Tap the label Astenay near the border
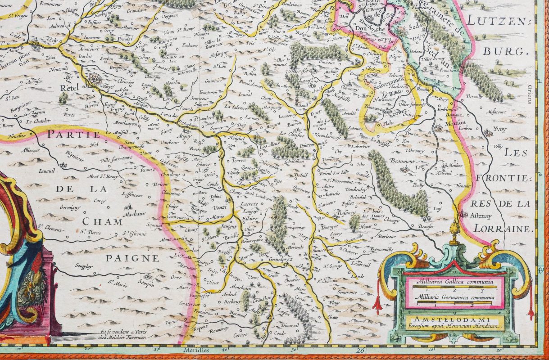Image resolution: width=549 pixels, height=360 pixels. [x=481, y=215]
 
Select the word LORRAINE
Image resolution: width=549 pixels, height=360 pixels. [x=499, y=229]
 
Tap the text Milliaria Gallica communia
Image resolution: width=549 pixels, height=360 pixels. [x=454, y=282]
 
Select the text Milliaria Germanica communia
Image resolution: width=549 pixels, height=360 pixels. [x=454, y=297]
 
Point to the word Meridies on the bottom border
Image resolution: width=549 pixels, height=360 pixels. [x=196, y=350]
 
